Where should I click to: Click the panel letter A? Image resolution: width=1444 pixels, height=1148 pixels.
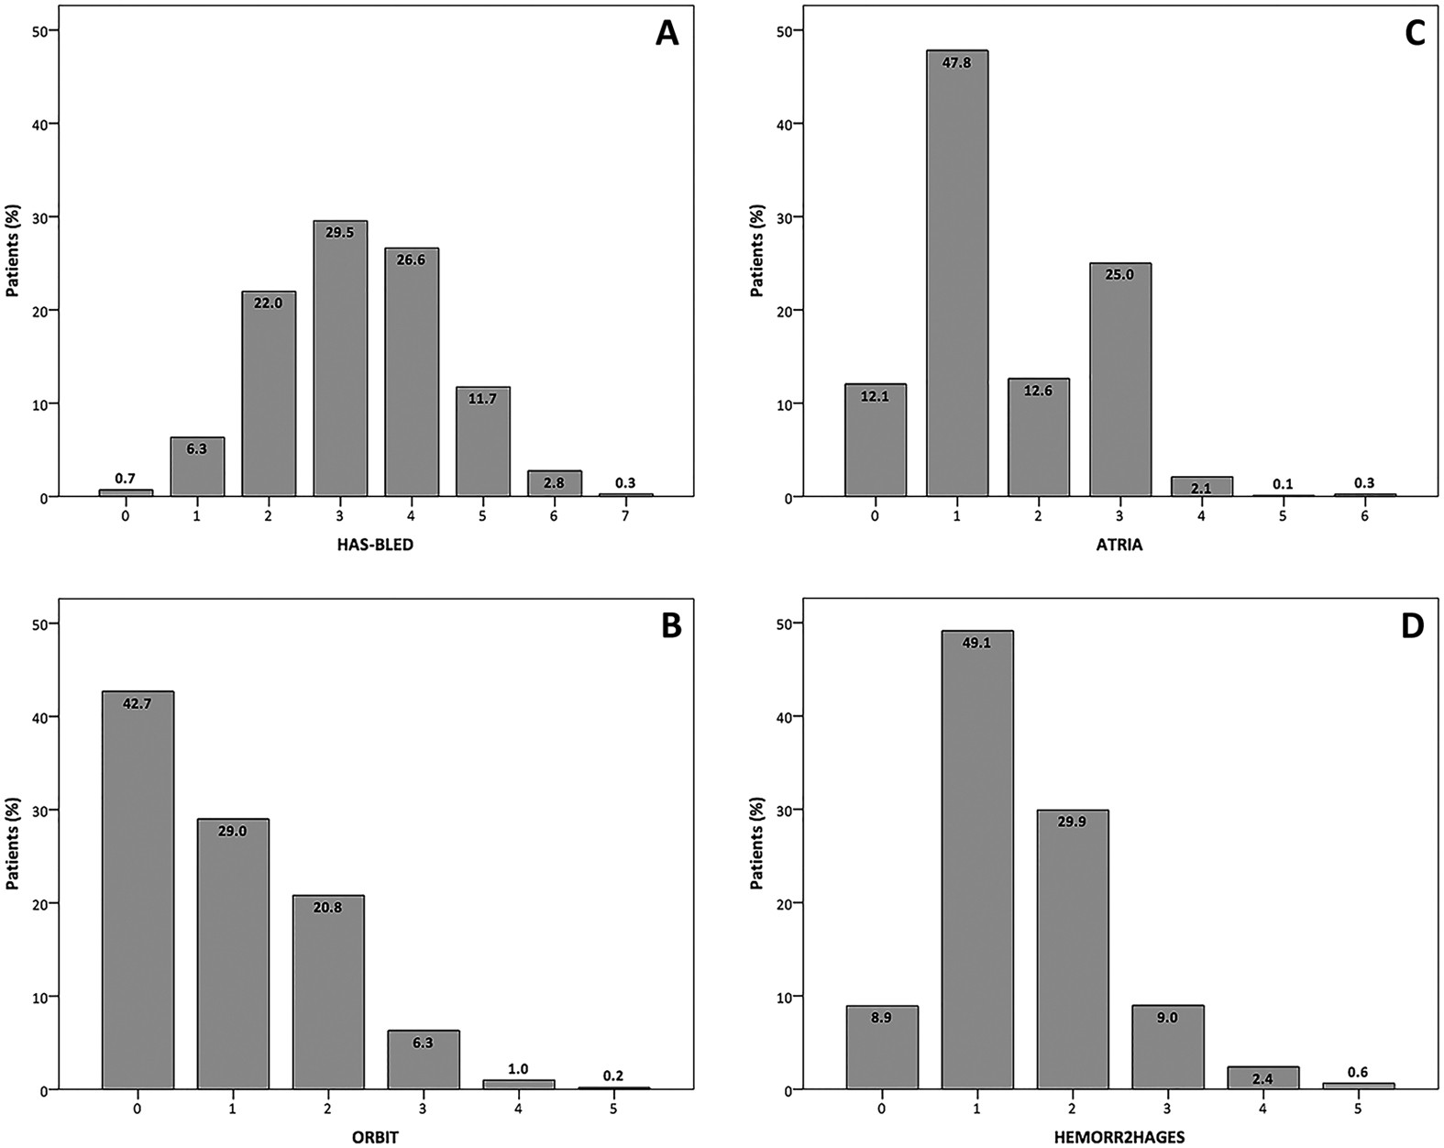point(667,34)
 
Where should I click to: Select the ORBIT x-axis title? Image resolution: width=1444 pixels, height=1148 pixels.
point(377,1138)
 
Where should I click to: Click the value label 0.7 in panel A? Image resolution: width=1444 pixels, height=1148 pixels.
point(126,478)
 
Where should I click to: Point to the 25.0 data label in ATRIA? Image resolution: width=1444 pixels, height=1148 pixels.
point(1120,274)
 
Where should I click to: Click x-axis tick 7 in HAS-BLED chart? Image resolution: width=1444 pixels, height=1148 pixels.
point(626,516)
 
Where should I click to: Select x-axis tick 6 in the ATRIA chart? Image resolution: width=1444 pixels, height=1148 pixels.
point(1365,516)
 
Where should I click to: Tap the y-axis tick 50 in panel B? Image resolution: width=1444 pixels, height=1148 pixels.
point(42,624)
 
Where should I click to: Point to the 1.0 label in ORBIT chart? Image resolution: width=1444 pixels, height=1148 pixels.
point(519,1069)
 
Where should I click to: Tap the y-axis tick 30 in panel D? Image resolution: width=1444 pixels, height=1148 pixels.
point(786,810)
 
